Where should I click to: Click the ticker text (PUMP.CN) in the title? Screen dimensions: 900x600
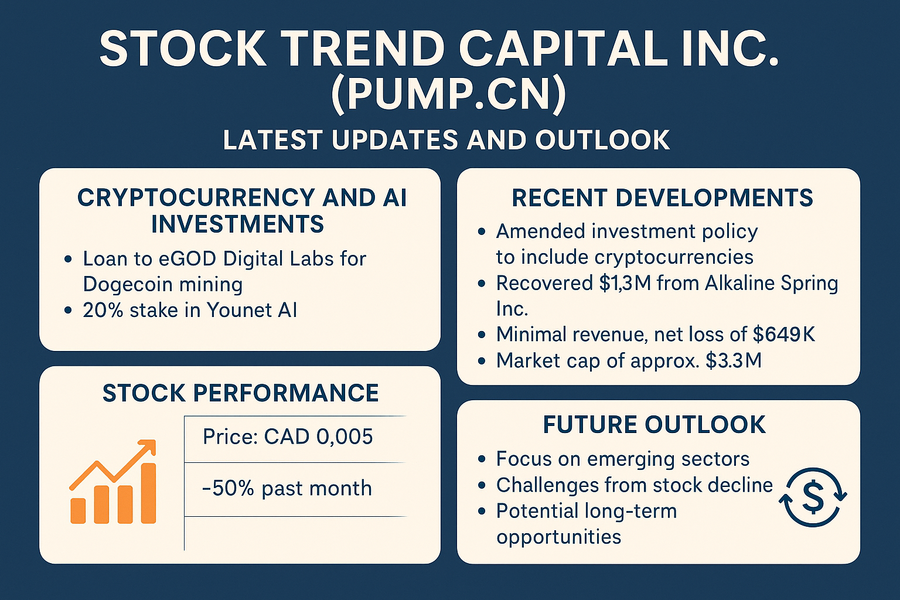448,94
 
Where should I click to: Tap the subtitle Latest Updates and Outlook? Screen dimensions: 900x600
446,140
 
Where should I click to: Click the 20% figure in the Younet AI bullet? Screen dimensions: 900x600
103,310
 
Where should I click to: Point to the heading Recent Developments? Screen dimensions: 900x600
663,197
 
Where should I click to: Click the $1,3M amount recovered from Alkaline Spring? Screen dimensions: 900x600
625,283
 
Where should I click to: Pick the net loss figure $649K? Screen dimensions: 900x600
784,335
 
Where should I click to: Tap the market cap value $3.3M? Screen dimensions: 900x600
734,360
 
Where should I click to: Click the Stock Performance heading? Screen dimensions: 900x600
241,393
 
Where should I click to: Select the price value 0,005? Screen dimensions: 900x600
345,437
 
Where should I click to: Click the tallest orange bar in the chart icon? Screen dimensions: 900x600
148,493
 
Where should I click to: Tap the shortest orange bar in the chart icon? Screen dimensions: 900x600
78,511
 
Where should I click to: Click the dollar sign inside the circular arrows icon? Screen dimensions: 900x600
813,497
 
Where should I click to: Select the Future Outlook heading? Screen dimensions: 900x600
654,425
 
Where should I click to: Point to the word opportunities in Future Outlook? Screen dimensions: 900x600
559,537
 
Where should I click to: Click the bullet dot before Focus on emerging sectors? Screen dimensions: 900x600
482,459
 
